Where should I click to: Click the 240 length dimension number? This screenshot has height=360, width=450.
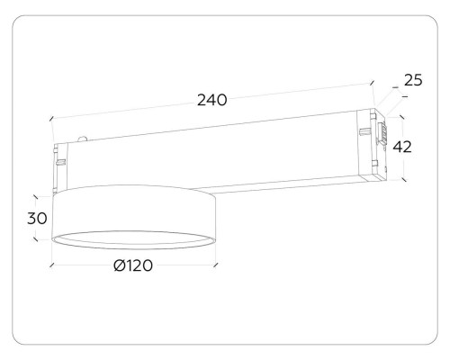pyautogui.click(x=211, y=100)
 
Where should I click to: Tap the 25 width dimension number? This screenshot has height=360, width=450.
pyautogui.click(x=413, y=80)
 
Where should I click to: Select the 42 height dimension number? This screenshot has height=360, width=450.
pyautogui.click(x=402, y=147)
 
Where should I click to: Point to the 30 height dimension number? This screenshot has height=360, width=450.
pyautogui.click(x=37, y=218)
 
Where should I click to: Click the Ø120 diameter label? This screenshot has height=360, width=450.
pyautogui.click(x=133, y=265)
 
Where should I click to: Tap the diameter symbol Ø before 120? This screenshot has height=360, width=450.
pyautogui.click(x=119, y=265)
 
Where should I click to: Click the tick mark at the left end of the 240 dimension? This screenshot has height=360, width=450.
pyautogui.click(x=51, y=119)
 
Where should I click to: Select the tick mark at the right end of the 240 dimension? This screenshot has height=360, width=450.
pyautogui.click(x=372, y=83)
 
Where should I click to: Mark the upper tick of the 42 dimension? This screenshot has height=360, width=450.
pyautogui.click(x=402, y=118)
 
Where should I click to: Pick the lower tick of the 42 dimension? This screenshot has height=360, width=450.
pyautogui.click(x=404, y=179)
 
